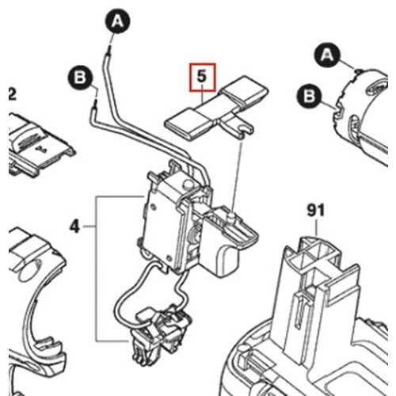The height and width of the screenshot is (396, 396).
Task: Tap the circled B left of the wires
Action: [79, 77]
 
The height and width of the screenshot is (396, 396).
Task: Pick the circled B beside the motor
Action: [310, 97]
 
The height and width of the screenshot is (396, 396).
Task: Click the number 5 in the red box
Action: [201, 77]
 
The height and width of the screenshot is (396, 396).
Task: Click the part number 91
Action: [316, 211]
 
